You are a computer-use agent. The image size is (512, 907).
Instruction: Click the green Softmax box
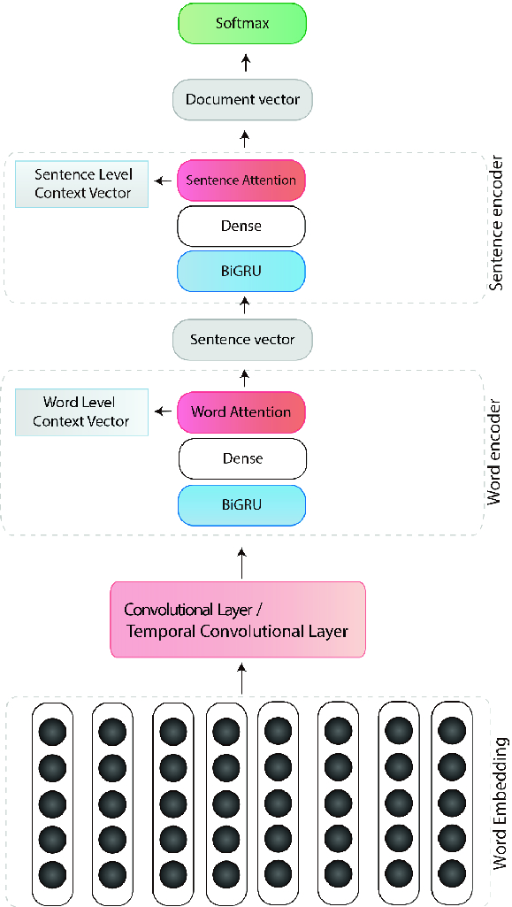click(x=242, y=24)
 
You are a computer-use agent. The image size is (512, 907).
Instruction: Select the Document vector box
click(x=242, y=100)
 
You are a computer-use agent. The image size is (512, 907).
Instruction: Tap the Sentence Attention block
click(x=241, y=181)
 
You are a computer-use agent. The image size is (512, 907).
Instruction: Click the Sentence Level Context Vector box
click(x=81, y=183)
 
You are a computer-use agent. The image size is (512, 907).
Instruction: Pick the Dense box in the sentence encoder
click(x=241, y=227)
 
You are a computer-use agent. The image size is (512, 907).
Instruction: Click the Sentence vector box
click(x=242, y=340)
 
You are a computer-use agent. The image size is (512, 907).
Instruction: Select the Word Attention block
click(x=241, y=412)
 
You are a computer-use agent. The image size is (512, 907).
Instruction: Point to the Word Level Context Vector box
click(x=81, y=411)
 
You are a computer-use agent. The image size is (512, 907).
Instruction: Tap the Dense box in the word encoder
click(x=241, y=458)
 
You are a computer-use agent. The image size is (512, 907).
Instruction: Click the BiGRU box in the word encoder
click(x=241, y=504)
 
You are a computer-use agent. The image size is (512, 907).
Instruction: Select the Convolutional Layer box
click(x=238, y=619)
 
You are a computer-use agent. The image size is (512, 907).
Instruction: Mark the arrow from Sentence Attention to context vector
click(x=164, y=181)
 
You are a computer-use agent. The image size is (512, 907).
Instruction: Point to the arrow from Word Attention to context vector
click(x=164, y=411)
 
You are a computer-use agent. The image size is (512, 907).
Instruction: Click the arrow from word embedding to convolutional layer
click(x=242, y=678)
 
